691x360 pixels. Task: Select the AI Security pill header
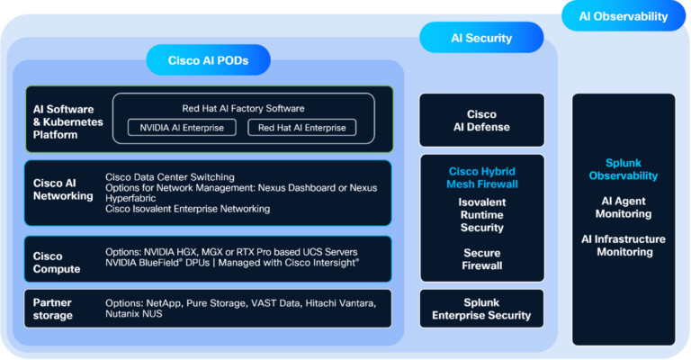tap(481, 38)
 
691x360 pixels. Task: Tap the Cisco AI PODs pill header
tap(208, 61)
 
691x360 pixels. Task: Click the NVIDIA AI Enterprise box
tap(182, 128)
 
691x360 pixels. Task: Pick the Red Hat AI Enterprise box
tap(301, 128)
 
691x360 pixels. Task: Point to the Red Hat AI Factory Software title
tap(242, 108)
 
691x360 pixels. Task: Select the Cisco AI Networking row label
tap(63, 189)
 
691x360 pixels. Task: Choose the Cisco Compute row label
tap(57, 262)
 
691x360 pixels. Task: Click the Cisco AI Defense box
tap(481, 121)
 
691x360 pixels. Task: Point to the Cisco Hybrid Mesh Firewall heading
tap(481, 177)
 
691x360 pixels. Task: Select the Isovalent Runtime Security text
tap(481, 215)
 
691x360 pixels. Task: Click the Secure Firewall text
tap(481, 259)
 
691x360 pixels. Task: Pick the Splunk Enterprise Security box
tap(481, 309)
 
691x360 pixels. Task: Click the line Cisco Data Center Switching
tap(170, 176)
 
